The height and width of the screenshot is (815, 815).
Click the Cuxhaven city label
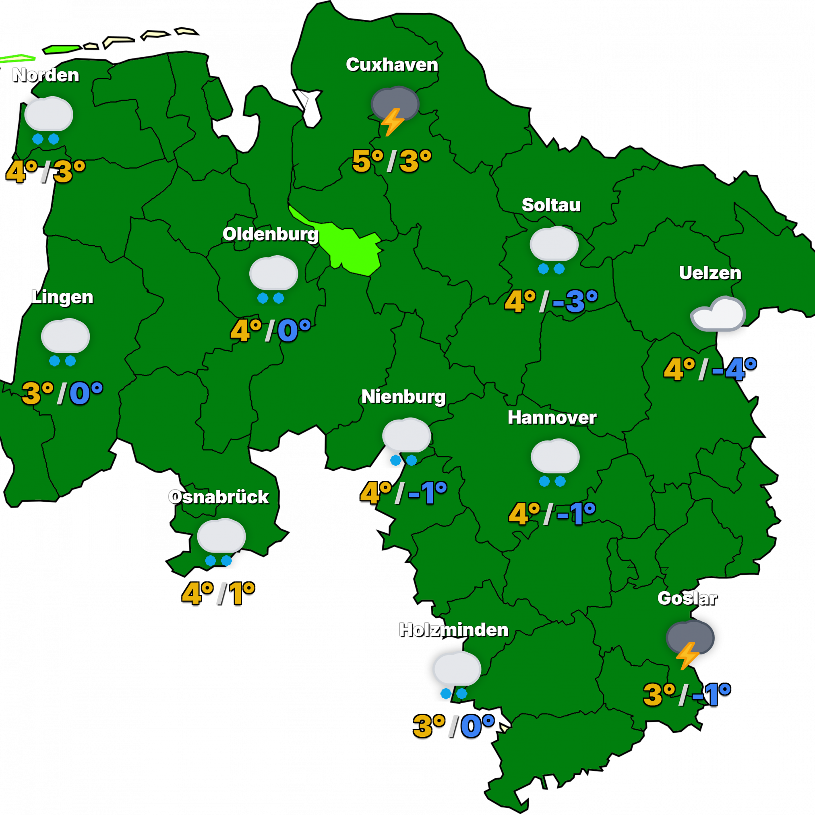[x=392, y=65]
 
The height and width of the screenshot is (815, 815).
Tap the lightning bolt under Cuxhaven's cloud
[x=392, y=122]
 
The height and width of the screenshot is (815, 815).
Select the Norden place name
[x=46, y=75]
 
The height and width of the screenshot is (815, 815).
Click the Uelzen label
[x=710, y=273]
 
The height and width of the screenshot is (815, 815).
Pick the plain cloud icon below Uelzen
[x=718, y=314]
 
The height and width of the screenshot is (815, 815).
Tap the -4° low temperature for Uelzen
[x=734, y=370]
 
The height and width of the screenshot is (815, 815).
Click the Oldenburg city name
[x=271, y=234]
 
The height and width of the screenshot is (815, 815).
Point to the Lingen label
[x=62, y=297]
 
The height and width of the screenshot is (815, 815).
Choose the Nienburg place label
[x=404, y=397]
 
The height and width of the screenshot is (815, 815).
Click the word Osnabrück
[x=219, y=497]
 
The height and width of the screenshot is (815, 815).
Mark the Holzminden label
[x=454, y=630]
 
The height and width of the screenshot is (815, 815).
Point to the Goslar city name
[x=687, y=598]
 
